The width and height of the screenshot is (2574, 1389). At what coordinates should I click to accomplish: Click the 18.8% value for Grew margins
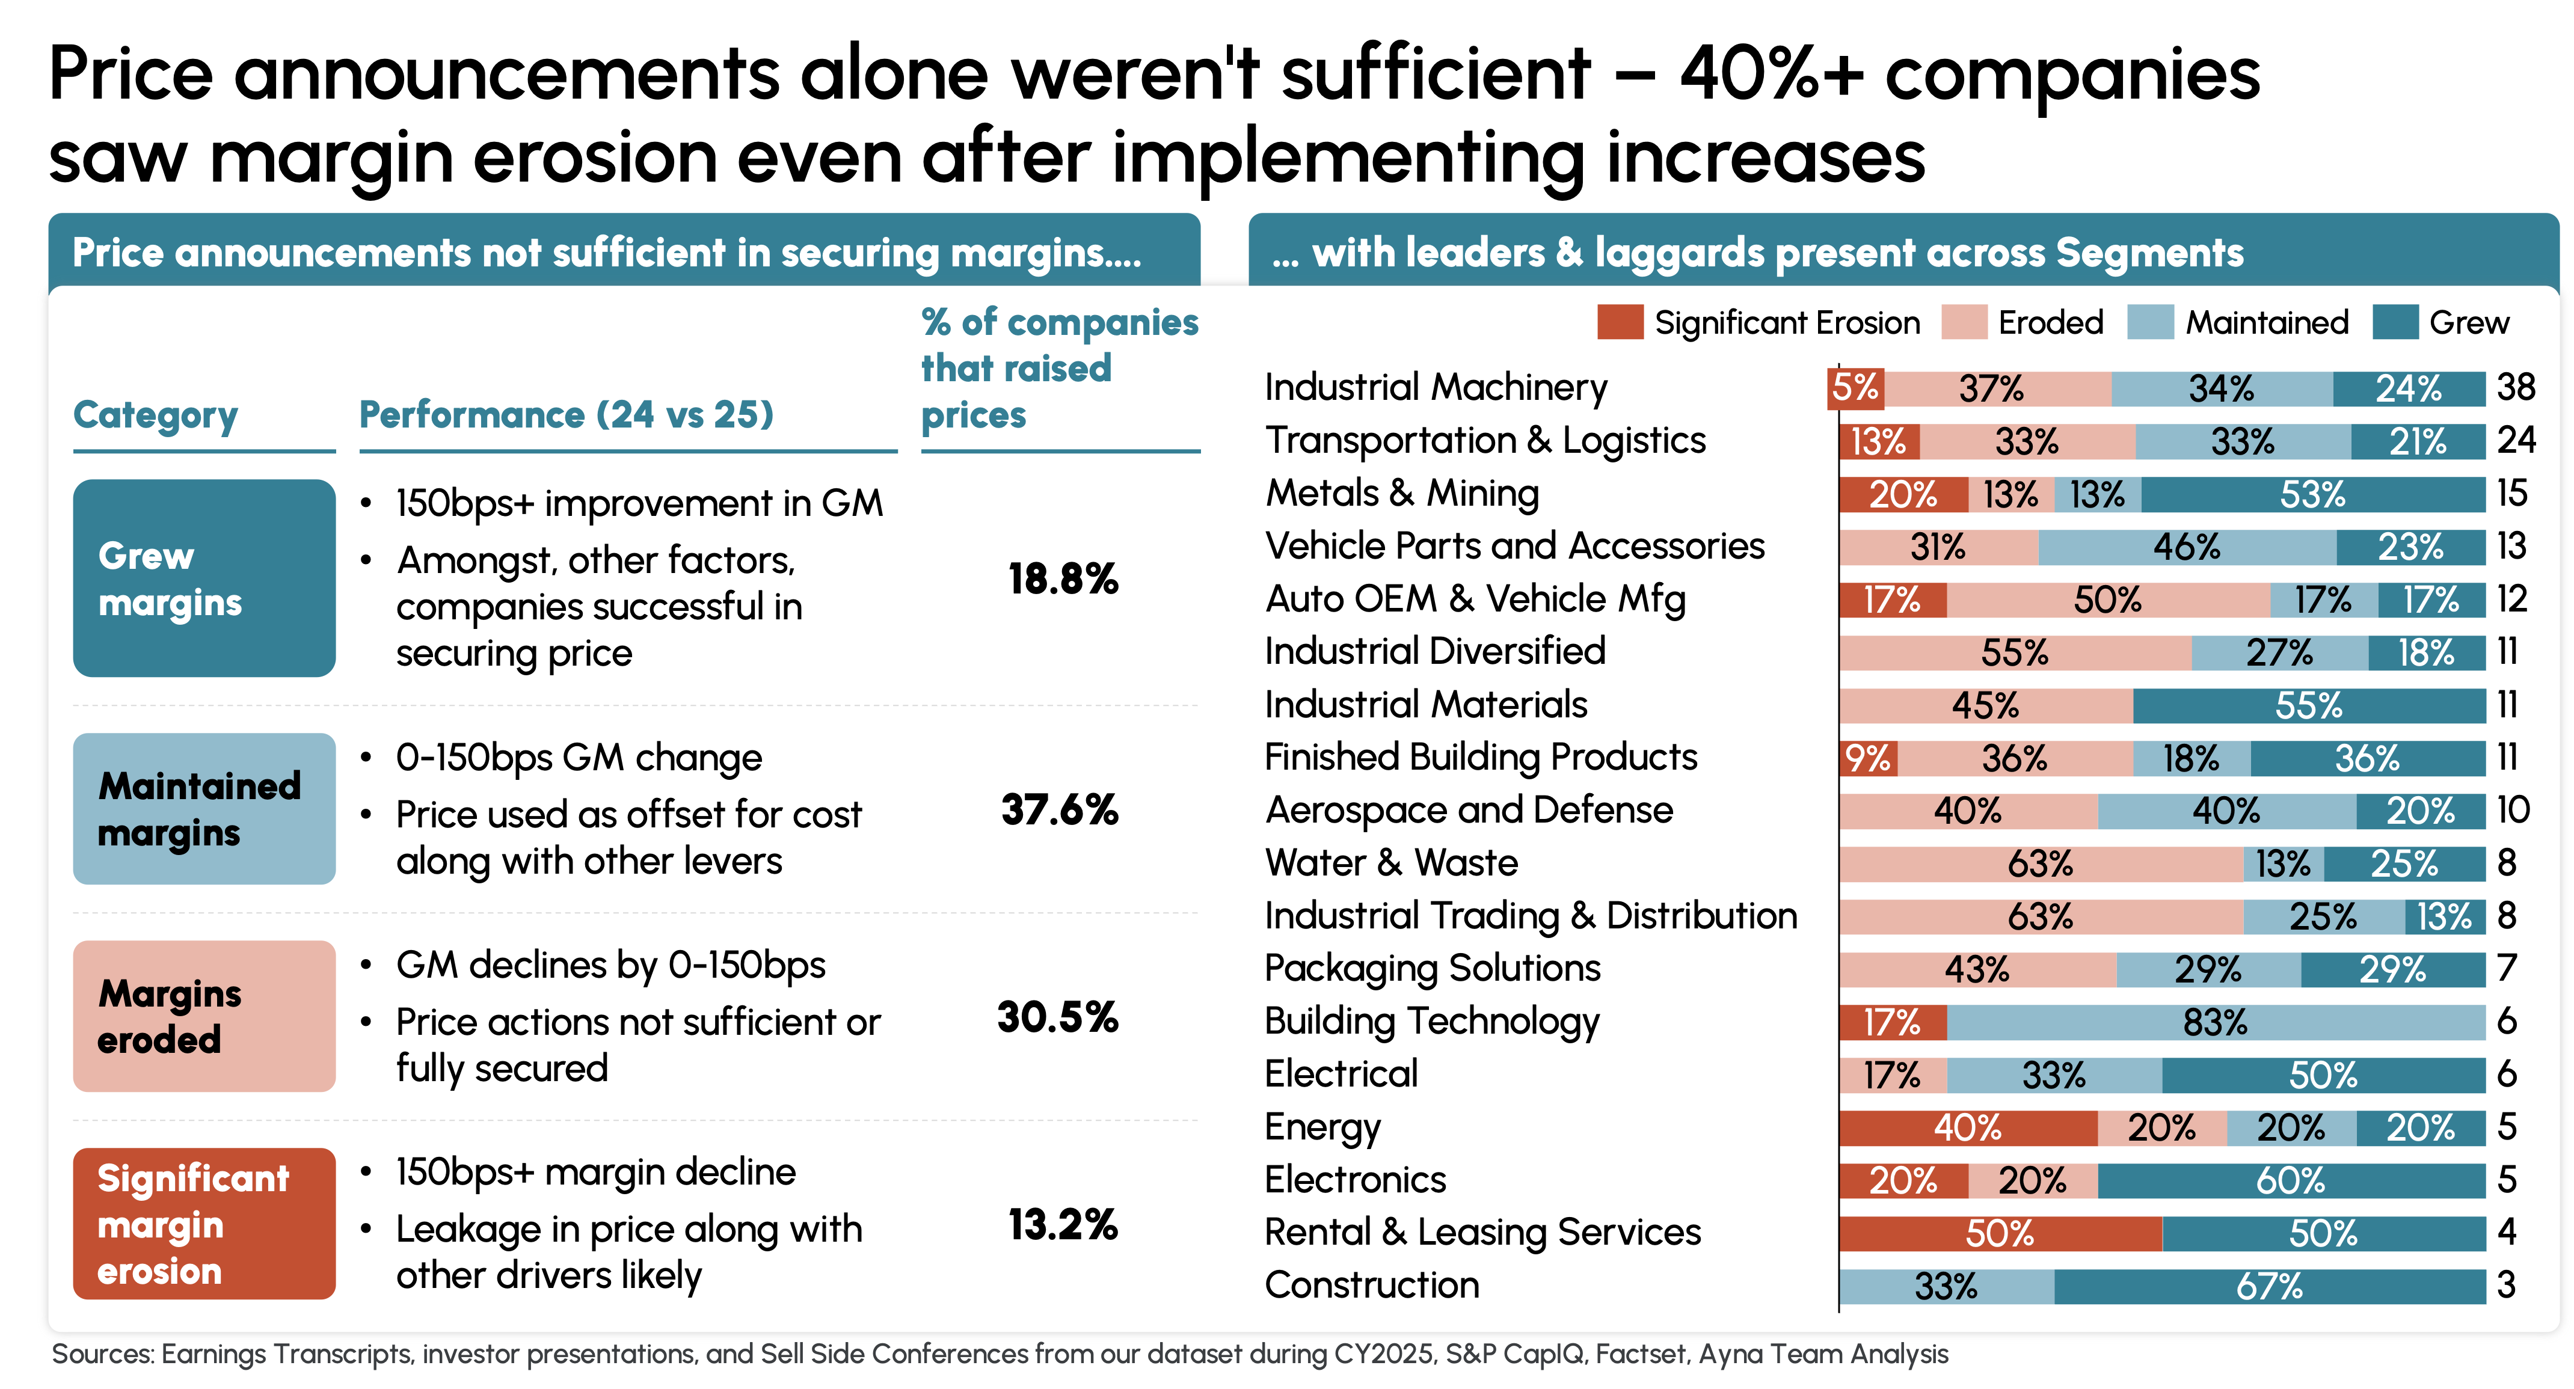click(x=1062, y=578)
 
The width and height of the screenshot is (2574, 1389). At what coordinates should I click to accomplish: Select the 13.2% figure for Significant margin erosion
click(x=1062, y=1224)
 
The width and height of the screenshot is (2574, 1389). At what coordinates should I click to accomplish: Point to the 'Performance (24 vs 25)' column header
click(x=567, y=414)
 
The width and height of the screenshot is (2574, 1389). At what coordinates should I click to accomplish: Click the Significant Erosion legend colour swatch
click(x=1620, y=322)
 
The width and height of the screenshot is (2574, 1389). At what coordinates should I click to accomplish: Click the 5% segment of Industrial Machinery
click(x=1855, y=388)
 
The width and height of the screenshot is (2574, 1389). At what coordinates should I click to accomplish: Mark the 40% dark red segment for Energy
click(x=1967, y=1128)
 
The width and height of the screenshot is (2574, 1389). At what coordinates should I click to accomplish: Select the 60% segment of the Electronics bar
click(x=2290, y=1180)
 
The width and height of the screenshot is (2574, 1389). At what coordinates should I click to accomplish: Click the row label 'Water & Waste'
click(x=1391, y=862)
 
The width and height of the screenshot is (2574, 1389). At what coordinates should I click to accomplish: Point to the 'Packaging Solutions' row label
click(x=1432, y=968)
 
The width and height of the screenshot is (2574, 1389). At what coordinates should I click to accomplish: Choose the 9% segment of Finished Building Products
click(x=1867, y=758)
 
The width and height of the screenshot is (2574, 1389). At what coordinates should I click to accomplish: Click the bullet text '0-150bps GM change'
click(x=579, y=758)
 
